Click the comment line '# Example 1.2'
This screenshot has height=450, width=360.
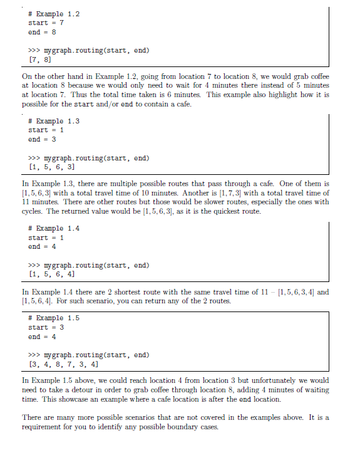coord(54,13)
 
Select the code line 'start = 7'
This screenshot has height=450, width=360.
coord(46,23)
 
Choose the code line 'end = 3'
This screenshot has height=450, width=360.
coord(43,139)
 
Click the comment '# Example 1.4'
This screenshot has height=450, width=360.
coord(54,229)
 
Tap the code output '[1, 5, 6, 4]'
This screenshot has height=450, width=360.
coord(53,274)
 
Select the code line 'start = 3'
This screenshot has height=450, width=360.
coord(46,327)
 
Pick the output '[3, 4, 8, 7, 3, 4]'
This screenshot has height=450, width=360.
coord(62,364)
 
